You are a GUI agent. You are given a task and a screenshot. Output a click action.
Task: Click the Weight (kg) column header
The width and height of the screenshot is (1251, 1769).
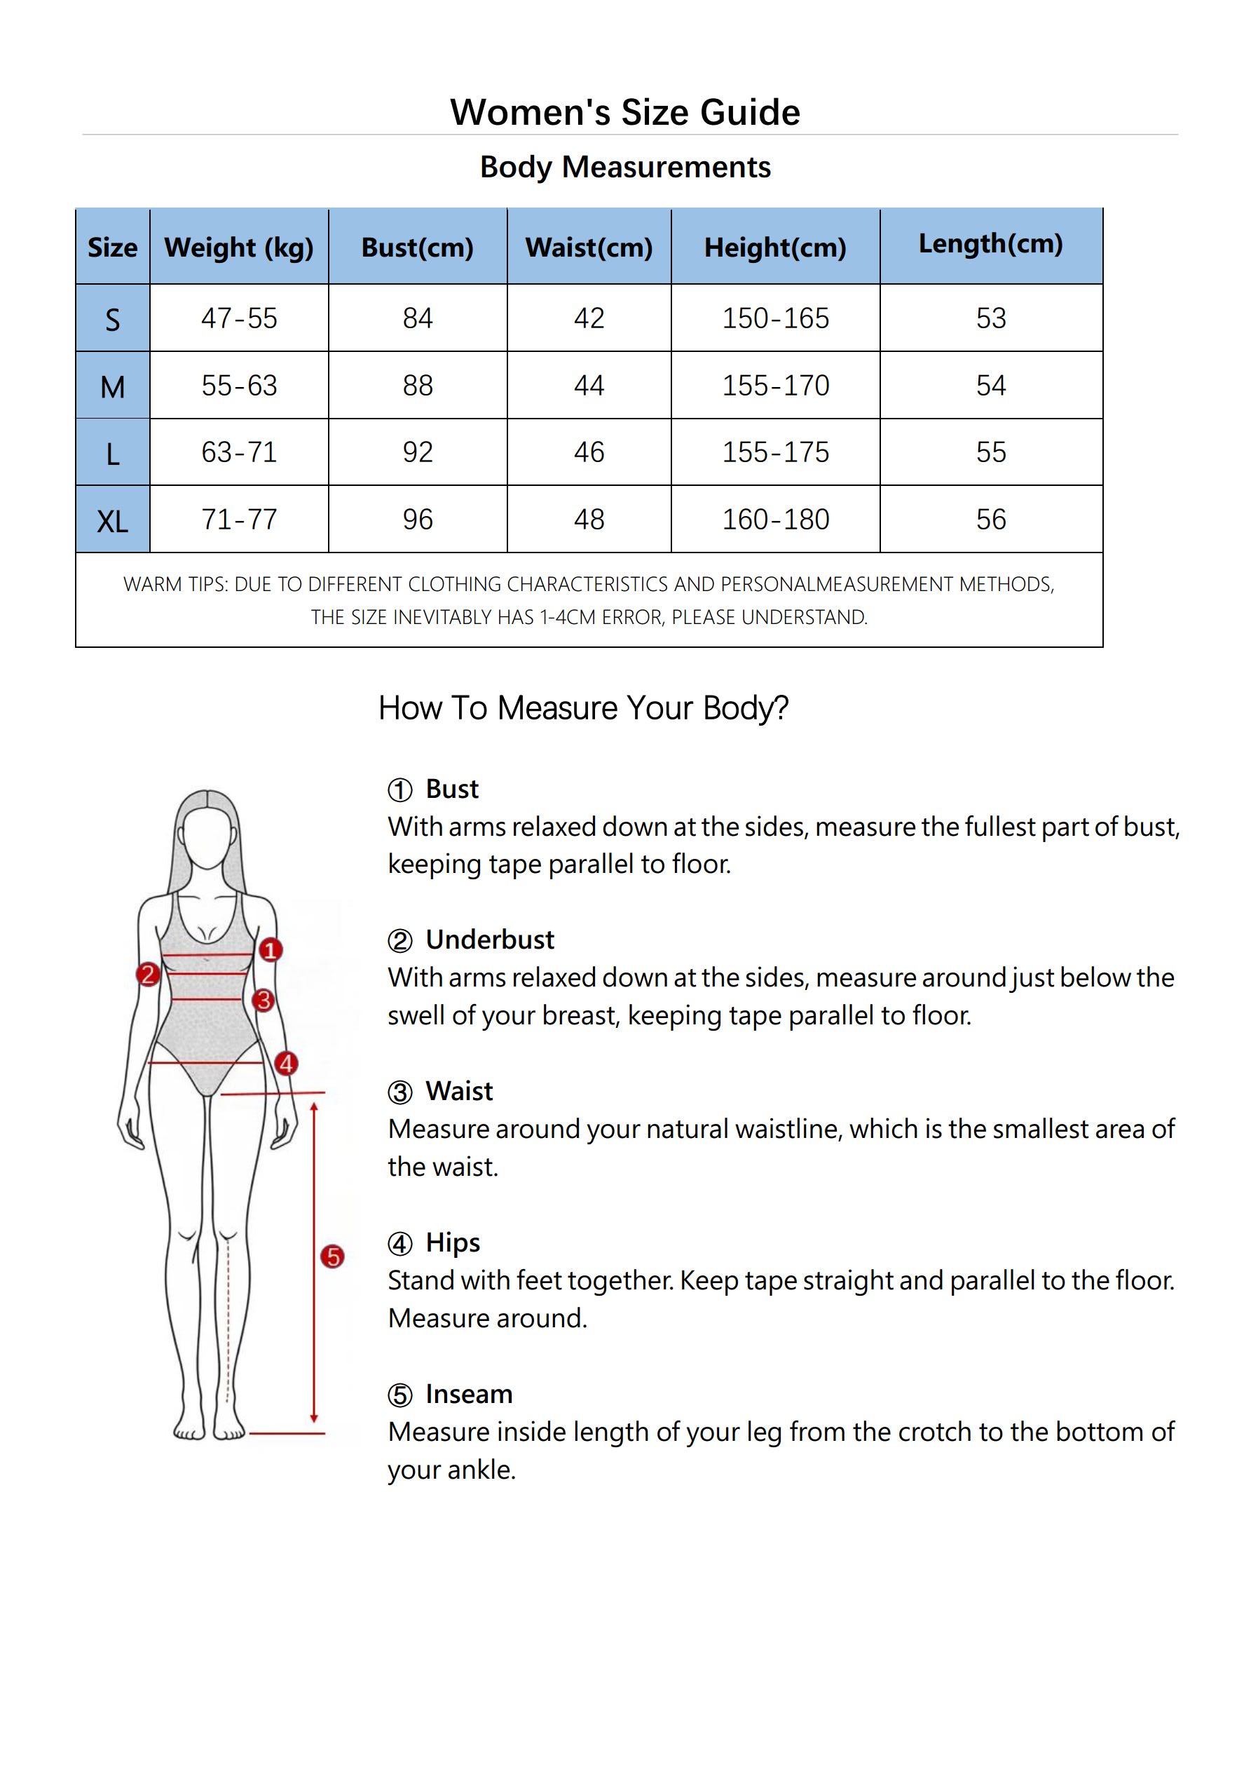(x=239, y=248)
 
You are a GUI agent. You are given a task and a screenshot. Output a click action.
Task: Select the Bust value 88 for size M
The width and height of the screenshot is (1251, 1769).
(x=418, y=385)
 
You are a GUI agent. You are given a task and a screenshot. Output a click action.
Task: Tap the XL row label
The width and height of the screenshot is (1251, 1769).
(x=112, y=522)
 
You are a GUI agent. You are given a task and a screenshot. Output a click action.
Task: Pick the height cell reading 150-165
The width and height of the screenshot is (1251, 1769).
(x=775, y=318)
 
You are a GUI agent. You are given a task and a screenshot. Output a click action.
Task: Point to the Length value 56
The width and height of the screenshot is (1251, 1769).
(x=990, y=520)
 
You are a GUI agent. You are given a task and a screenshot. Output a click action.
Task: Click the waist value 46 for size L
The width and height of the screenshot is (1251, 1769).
(x=589, y=452)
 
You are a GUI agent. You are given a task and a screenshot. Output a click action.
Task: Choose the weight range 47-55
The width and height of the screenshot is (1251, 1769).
(x=239, y=318)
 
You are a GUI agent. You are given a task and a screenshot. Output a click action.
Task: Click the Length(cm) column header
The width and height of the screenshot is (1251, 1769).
(x=990, y=243)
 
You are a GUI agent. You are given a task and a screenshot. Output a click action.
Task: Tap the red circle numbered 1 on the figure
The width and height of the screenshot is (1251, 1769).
(x=270, y=950)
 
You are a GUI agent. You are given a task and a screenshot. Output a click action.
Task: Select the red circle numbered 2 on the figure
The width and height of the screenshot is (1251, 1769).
(x=147, y=975)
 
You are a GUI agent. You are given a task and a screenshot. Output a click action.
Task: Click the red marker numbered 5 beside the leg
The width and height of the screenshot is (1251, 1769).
(x=332, y=1256)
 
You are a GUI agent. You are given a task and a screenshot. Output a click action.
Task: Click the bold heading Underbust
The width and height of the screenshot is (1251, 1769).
(x=490, y=940)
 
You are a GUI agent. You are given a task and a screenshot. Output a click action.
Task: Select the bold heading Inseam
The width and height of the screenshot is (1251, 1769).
(x=468, y=1394)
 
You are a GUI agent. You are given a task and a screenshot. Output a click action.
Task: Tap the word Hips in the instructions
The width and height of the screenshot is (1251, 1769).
(x=453, y=1242)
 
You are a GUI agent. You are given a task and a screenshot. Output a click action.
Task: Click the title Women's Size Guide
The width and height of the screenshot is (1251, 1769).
(x=624, y=112)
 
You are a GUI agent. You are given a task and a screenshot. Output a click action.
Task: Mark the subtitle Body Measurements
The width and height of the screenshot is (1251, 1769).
(x=624, y=167)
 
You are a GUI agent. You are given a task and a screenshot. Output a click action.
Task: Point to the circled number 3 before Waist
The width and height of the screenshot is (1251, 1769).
(x=399, y=1092)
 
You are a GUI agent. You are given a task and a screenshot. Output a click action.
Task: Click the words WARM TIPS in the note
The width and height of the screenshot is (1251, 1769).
(x=176, y=584)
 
